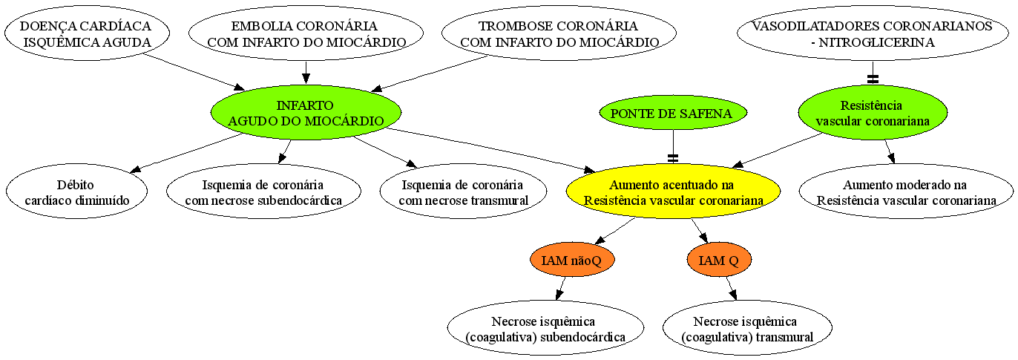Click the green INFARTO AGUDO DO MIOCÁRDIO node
tap(306, 113)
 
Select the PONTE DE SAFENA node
tap(673, 113)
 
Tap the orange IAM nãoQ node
tap(572, 260)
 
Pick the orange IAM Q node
tap(719, 260)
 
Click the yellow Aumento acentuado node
tap(673, 192)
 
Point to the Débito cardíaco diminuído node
tap(76, 192)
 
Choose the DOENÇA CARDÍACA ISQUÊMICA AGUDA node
tap(87, 33)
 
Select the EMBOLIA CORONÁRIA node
tap(306, 33)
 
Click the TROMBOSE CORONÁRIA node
tap(559, 33)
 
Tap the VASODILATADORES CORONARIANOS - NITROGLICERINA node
tap(873, 33)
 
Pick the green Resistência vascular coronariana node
tap(873, 113)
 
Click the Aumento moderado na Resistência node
tap(906, 192)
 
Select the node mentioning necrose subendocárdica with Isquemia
tap(263, 192)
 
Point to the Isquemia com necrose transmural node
tap(464, 192)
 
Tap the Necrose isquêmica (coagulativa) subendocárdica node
tap(545, 327)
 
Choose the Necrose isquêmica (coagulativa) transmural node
tap(747, 327)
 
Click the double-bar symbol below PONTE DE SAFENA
tap(673, 158)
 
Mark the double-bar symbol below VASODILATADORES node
tap(873, 79)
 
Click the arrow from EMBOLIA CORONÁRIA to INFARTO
tap(306, 73)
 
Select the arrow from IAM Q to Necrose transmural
tap(732, 288)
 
